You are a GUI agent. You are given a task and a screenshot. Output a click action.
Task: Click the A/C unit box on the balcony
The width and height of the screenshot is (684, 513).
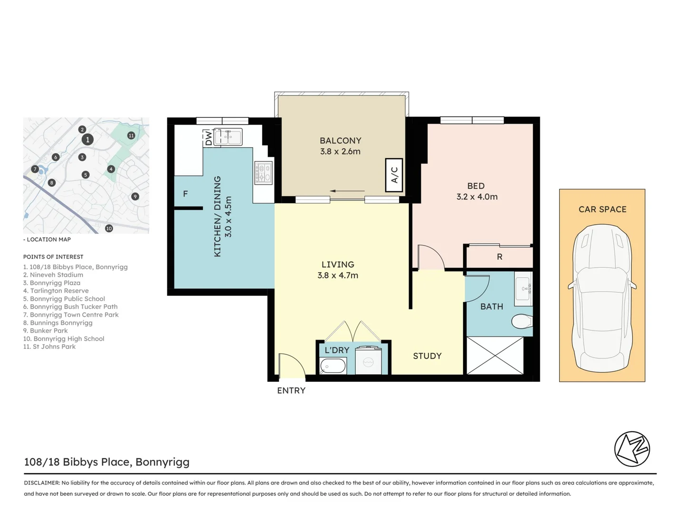point(394,175)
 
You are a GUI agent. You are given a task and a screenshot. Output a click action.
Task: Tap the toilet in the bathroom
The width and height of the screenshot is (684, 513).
point(522,322)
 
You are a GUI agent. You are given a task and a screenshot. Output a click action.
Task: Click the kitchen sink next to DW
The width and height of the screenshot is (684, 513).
point(228,137)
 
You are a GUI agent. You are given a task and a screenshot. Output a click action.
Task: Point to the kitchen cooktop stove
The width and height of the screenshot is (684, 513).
point(264,173)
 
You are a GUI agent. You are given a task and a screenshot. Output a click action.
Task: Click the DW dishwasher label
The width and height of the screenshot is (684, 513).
point(208,138)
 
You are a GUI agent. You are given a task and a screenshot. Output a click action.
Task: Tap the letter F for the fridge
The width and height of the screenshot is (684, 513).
point(185,194)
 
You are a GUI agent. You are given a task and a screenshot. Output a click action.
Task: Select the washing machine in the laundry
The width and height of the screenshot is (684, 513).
point(368,362)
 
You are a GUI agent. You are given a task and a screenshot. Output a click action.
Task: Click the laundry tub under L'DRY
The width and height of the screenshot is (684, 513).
point(333,366)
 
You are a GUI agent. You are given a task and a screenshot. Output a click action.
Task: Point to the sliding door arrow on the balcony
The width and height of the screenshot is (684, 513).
point(347,191)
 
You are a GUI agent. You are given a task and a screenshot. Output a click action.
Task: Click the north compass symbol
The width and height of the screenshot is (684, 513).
point(632,449)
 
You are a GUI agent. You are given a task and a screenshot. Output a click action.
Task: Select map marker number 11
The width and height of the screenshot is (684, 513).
point(131,135)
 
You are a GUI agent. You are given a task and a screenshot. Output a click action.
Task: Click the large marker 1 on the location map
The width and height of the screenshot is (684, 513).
point(87,140)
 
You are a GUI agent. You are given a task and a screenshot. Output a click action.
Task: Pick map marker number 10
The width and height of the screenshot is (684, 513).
point(109,228)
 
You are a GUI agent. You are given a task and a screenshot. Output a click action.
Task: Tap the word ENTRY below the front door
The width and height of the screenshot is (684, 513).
point(291,390)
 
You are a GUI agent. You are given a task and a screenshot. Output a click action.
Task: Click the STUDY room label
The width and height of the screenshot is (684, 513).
point(427,356)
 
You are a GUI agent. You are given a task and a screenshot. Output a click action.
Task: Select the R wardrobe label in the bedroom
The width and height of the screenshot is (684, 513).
point(499,257)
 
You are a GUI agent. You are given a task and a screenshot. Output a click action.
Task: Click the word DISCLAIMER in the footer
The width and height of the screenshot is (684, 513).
point(42,483)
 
